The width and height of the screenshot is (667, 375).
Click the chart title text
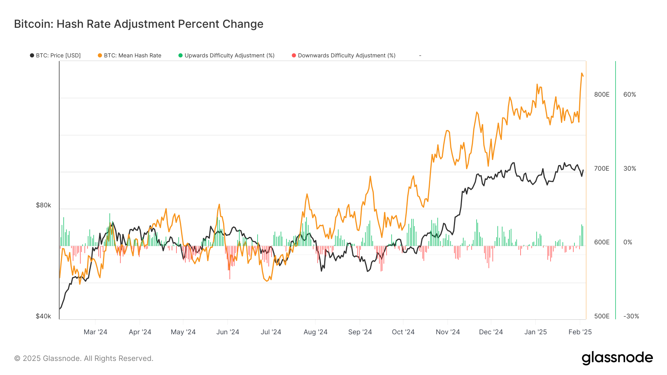click(x=139, y=24)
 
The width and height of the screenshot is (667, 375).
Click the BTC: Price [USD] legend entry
click(x=56, y=56)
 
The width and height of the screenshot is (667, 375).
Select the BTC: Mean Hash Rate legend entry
click(x=130, y=56)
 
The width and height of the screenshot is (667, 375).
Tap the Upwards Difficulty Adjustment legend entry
click(x=227, y=56)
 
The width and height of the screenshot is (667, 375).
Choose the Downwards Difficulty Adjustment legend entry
click(x=344, y=56)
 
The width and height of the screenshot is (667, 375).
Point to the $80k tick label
click(x=43, y=205)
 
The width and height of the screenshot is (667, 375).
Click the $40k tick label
click(x=43, y=316)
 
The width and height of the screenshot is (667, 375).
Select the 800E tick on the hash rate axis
click(x=601, y=94)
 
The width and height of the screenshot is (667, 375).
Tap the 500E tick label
click(x=601, y=316)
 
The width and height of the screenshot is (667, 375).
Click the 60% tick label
click(x=630, y=94)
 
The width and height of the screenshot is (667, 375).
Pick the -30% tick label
click(x=631, y=316)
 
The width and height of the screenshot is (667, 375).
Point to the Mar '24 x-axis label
click(x=95, y=332)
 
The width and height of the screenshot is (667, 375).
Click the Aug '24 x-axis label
click(x=315, y=332)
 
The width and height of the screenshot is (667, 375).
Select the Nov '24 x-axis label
click(x=448, y=332)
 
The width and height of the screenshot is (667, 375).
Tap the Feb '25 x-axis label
click(x=580, y=332)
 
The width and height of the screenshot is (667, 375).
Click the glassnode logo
click(x=617, y=358)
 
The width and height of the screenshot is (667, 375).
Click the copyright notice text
click(x=84, y=358)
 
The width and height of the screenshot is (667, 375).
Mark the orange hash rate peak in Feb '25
click(x=582, y=73)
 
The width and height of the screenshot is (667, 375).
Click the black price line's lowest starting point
click(x=60, y=308)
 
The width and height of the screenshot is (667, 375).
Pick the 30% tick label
click(x=630, y=168)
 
